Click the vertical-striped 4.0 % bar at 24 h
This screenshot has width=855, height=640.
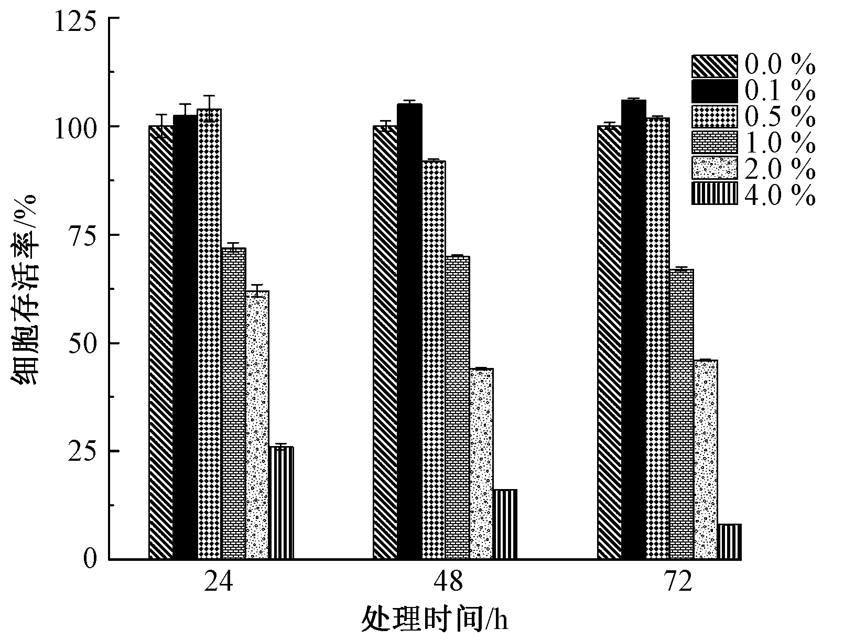click(281, 503)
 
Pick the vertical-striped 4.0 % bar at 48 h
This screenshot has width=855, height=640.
click(505, 524)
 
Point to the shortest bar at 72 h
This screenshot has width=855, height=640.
click(729, 541)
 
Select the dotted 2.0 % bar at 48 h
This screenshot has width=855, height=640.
click(481, 464)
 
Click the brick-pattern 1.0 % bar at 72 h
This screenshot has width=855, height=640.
click(681, 414)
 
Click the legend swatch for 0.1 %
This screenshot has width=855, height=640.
click(714, 91)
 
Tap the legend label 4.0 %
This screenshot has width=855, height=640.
click(780, 195)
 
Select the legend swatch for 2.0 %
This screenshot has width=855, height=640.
click(714, 168)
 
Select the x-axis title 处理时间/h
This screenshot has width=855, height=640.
click(435, 621)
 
